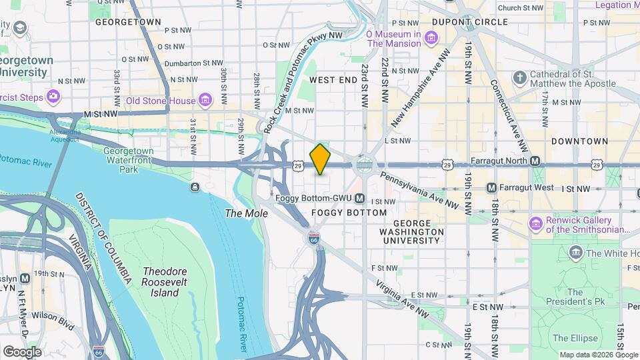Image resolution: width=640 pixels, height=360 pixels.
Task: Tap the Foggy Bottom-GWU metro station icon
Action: [360, 199]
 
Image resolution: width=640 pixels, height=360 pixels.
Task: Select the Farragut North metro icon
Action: [535, 161]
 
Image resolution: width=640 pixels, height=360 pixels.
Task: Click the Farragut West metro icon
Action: [491, 189]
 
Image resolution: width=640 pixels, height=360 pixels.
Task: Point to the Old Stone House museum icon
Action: [205, 101]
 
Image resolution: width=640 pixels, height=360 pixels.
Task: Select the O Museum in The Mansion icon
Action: [431, 37]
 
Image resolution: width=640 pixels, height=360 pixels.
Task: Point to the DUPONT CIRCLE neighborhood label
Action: [470, 22]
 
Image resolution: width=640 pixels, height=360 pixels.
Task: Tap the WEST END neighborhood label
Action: [333, 80]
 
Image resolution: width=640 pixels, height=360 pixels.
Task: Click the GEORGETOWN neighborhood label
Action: [128, 22]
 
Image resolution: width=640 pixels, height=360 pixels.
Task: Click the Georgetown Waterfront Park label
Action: [129, 160]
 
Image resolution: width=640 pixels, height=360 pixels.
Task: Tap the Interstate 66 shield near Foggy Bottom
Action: [313, 238]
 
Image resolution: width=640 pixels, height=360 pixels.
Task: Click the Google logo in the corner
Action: [22, 351]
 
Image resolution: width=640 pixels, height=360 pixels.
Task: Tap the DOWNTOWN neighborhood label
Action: [579, 141]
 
